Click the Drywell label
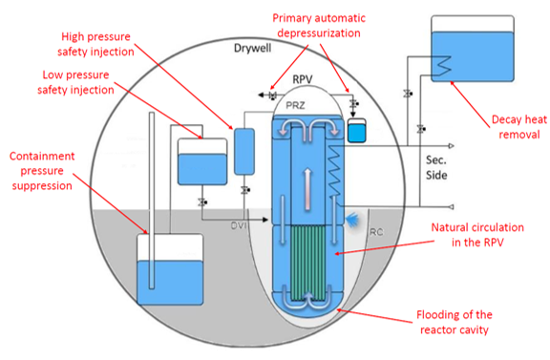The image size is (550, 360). point(252,48)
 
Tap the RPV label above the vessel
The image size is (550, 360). point(303,79)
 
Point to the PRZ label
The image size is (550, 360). point(295,105)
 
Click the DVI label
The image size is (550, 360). point(239,225)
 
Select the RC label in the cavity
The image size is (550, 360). point(376,232)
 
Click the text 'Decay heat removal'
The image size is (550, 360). point(519,127)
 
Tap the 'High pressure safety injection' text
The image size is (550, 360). point(95,44)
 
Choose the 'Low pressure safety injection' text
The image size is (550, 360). point(75,82)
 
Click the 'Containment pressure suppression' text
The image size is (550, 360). point(42,171)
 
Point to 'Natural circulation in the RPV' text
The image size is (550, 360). point(477,235)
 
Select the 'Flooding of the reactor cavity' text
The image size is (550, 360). point(455,322)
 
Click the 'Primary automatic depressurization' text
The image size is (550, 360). point(319,26)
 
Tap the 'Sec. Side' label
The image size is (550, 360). point(436,168)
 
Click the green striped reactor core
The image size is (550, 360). point(308,263)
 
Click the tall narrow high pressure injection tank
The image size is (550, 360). point(244,152)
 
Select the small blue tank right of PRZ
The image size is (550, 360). point(357,131)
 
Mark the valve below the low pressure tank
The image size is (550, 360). point(202,202)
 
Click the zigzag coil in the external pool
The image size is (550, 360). point(442,66)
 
